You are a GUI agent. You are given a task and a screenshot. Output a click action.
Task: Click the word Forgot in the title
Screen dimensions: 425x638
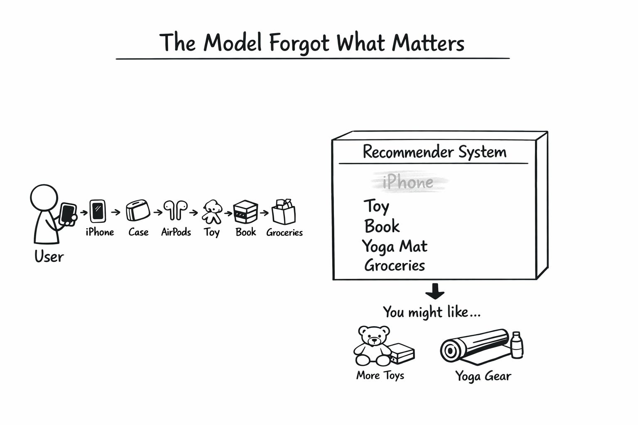299,43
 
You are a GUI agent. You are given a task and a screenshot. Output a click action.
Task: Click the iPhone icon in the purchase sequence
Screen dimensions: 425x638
98,211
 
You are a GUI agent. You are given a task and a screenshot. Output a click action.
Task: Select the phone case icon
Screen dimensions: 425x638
138,210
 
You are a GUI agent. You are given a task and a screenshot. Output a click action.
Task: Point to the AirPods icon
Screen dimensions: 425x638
175,210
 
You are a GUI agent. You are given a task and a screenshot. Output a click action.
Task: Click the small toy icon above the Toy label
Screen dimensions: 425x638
212,211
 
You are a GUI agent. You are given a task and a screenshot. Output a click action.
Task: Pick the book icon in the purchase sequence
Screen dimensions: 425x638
245,212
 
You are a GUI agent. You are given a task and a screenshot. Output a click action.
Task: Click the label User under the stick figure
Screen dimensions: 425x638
49,257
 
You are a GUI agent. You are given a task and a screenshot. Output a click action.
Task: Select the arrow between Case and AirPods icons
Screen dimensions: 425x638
157,212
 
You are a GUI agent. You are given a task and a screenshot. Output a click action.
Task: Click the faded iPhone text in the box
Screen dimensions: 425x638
408,183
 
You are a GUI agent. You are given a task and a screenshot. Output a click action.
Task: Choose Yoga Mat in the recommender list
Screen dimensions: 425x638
395,247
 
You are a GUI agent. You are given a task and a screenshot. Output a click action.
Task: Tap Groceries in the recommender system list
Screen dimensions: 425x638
395,266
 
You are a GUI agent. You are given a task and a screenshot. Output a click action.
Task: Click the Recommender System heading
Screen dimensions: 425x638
434,152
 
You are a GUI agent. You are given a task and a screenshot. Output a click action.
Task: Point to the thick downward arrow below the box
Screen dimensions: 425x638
435,291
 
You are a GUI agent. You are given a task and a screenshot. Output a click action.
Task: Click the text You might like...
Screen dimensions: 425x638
432,312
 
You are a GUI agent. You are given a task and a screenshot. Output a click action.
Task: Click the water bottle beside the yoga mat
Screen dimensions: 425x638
516,345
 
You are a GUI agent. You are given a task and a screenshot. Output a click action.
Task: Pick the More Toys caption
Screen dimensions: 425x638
380,376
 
